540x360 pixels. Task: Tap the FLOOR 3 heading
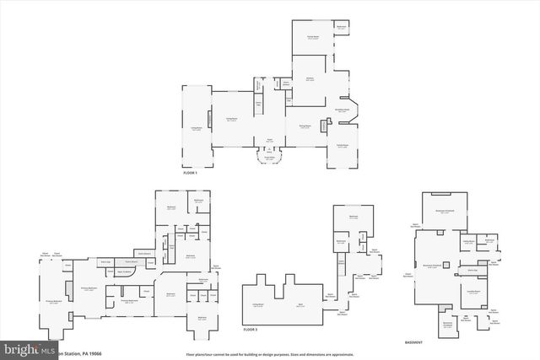tap(250, 329)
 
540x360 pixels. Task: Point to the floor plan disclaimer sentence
tap(269, 352)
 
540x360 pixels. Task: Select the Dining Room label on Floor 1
tap(305, 126)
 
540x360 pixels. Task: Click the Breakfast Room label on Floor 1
tap(343, 110)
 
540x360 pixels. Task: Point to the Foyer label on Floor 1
tap(270, 140)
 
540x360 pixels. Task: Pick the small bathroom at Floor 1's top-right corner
tap(341, 28)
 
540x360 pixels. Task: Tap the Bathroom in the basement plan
tap(489, 240)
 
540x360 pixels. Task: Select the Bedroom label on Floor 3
tap(353, 216)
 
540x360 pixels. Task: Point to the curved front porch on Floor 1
tap(270, 159)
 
